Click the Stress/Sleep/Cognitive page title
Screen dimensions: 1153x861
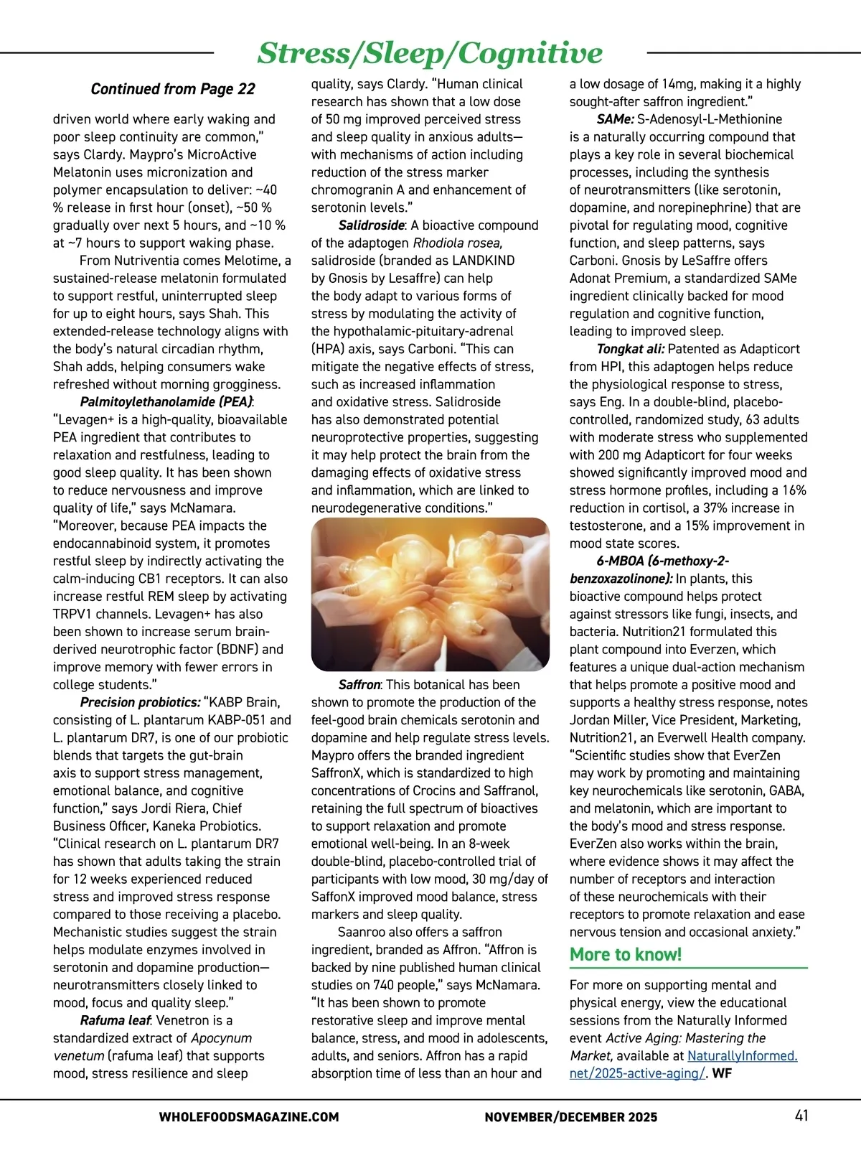click(x=430, y=52)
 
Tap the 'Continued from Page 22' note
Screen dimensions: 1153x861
click(x=173, y=89)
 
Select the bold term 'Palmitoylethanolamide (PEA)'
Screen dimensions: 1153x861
click(x=166, y=402)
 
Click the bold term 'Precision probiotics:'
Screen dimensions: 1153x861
click(x=140, y=702)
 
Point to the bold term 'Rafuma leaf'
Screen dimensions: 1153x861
click(x=115, y=1020)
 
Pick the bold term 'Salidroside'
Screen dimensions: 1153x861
click(x=371, y=225)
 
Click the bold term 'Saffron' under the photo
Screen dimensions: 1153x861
click(x=359, y=685)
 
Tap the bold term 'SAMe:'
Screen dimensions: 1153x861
click(x=615, y=119)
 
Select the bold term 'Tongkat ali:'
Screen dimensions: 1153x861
click(x=631, y=349)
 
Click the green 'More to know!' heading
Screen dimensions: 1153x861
click(x=626, y=954)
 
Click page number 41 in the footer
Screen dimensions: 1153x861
click(x=801, y=1116)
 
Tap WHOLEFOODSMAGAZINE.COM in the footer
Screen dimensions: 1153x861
click(x=249, y=1117)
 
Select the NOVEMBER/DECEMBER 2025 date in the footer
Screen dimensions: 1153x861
click(x=570, y=1117)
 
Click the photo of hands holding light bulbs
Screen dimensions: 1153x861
click(x=430, y=594)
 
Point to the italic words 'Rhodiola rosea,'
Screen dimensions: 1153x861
click(x=457, y=243)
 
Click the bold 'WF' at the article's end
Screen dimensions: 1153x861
click(x=722, y=1074)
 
